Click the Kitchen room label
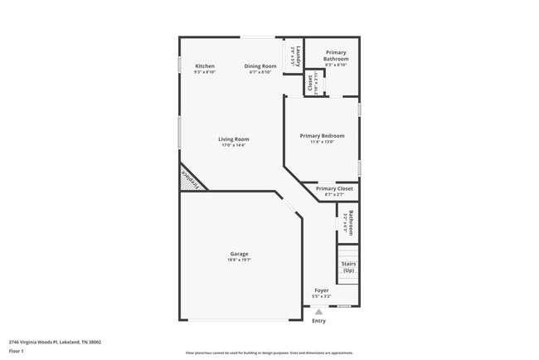[205, 66]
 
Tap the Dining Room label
[260, 66]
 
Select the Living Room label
[233, 139]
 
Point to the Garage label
[239, 254]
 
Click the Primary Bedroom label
[322, 136]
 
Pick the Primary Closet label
[334, 188]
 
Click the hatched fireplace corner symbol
[191, 178]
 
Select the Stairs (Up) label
[348, 267]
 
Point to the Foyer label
[321, 290]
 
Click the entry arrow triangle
[318, 312]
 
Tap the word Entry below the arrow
[318, 321]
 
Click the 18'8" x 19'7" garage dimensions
[239, 260]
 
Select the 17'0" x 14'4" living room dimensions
[233, 145]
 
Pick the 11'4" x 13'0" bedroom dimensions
[322, 142]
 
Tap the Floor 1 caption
[16, 351]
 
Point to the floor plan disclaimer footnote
[269, 353]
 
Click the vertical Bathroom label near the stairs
[351, 222]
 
